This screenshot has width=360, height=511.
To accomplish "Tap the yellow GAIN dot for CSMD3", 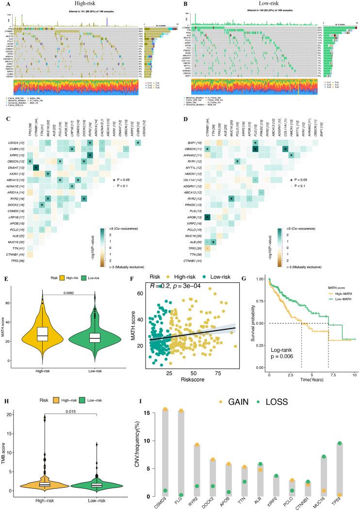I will (165, 410).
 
